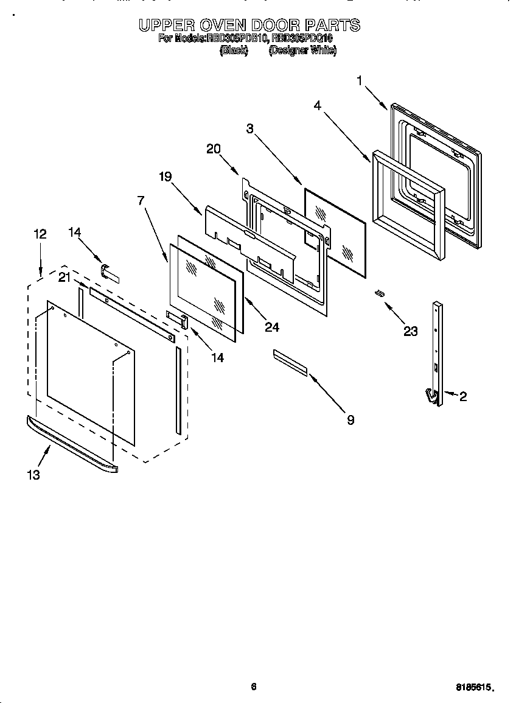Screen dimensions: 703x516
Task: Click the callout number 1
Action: point(360,80)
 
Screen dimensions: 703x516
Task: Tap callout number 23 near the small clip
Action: point(411,331)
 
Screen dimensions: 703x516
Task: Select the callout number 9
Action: point(350,420)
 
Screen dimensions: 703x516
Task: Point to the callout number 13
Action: point(33,475)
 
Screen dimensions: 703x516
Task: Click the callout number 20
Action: point(214,148)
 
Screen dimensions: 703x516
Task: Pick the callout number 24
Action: point(272,327)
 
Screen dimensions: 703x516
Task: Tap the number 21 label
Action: point(64,278)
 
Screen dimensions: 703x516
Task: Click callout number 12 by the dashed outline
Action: point(40,233)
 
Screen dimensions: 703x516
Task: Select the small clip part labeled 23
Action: point(379,293)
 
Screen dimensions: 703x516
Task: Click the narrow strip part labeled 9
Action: point(290,361)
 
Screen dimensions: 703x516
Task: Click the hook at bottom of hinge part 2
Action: point(433,397)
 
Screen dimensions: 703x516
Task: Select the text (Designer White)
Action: point(302,51)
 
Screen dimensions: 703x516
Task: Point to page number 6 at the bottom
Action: point(254,687)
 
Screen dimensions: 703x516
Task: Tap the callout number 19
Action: point(166,177)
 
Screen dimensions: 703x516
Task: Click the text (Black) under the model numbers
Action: point(234,51)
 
